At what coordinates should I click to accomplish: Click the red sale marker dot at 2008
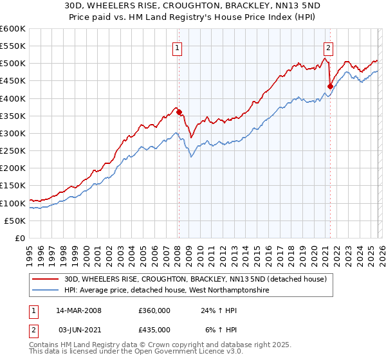coord(179,112)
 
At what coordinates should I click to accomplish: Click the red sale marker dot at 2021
coord(330,86)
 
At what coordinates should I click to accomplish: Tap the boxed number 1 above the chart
coord(177,46)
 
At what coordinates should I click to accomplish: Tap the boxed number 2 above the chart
coord(328,46)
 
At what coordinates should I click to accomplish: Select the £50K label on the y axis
coord(15,221)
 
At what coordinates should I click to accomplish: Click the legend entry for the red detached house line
coord(196,279)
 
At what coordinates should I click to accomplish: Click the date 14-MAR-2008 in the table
coord(78,310)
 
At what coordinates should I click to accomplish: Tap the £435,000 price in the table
coord(154,329)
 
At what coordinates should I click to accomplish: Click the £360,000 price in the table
coord(154,310)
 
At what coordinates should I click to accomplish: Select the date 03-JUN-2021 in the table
coord(78,329)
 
